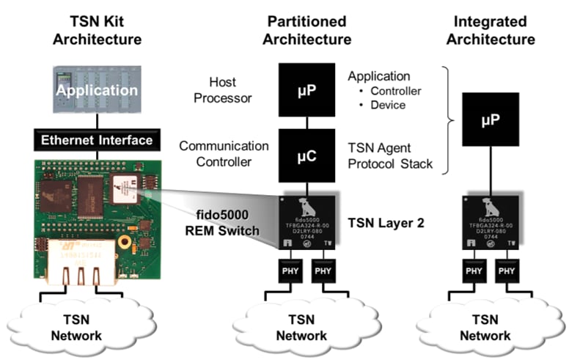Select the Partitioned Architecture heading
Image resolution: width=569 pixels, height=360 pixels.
pos(309,30)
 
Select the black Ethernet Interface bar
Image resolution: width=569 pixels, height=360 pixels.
pos(97,140)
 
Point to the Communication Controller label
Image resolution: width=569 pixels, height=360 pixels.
pos(224,153)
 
